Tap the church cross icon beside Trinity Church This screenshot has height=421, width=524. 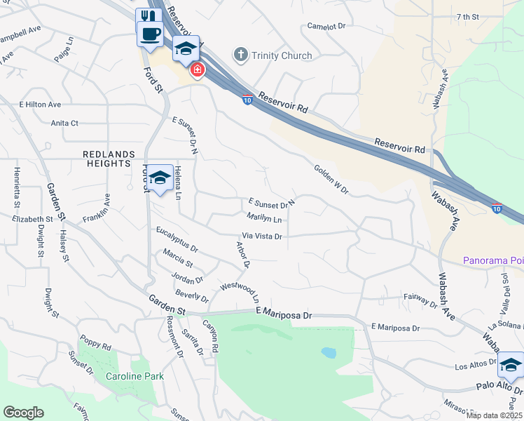(x=240, y=54)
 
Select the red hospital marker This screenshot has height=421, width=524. (x=197, y=69)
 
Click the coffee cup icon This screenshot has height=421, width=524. (x=149, y=33)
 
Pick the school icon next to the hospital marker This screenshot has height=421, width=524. (x=186, y=48)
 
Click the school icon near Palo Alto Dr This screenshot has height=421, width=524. (x=510, y=366)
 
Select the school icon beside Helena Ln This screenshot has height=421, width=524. (x=160, y=178)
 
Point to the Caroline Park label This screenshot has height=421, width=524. (x=135, y=376)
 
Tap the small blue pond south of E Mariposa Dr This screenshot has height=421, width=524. (x=327, y=352)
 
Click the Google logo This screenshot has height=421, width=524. (x=23, y=413)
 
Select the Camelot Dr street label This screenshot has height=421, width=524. (x=326, y=26)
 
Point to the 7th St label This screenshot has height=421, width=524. (x=467, y=16)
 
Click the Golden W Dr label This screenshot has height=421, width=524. (x=331, y=180)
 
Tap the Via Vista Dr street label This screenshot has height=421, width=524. (x=262, y=236)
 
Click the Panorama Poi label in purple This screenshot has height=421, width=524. (x=493, y=260)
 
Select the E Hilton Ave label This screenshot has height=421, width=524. (x=40, y=105)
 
